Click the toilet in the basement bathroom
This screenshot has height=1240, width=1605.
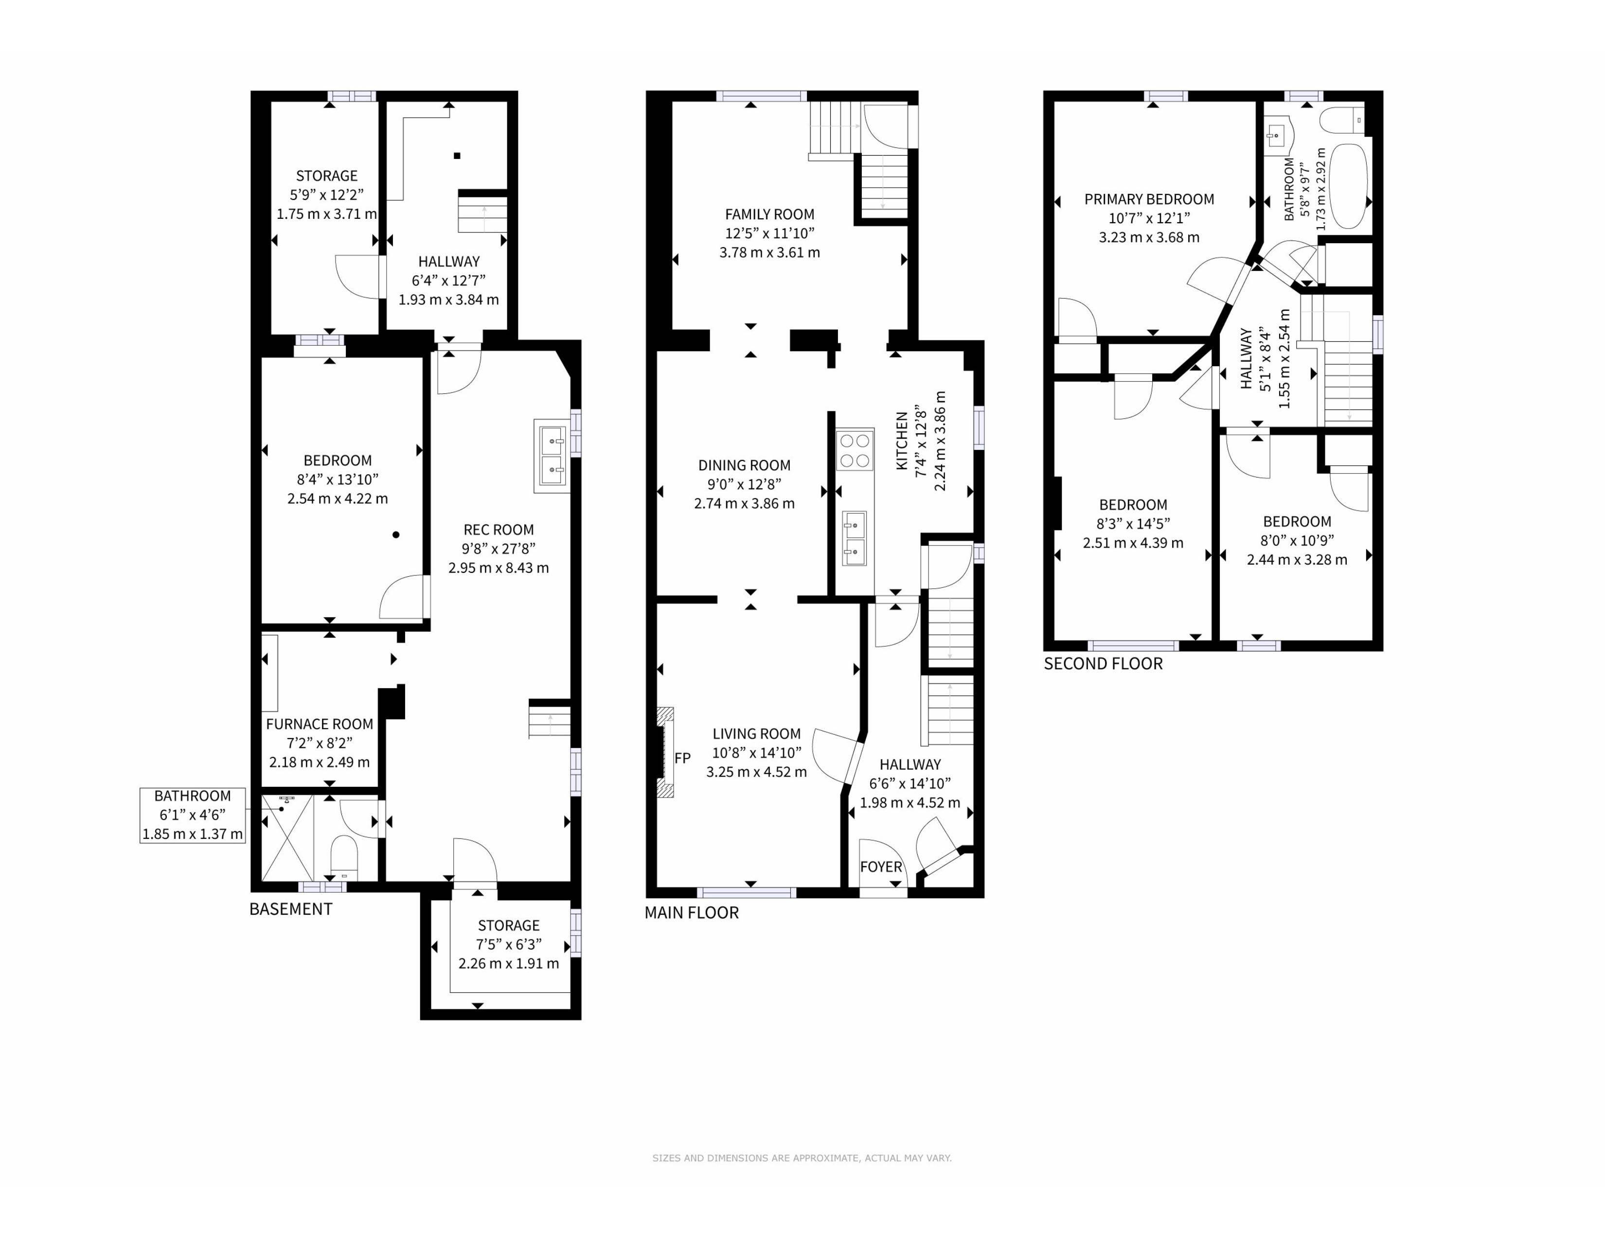[x=344, y=857]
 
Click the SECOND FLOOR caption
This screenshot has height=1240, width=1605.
[x=1103, y=664]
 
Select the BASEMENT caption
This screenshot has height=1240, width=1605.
[x=291, y=909]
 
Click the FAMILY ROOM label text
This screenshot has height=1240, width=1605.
[x=769, y=214]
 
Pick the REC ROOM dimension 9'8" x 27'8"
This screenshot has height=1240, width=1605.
[x=498, y=549]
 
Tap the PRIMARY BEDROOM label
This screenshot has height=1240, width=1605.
[x=1149, y=199]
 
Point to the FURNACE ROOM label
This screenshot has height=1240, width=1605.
[x=319, y=725]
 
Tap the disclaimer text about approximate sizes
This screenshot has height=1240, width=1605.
[x=802, y=1158]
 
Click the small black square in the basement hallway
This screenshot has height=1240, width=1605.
[x=457, y=156]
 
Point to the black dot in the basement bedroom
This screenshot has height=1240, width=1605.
[x=396, y=535]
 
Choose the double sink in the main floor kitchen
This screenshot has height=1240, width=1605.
[x=855, y=538]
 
